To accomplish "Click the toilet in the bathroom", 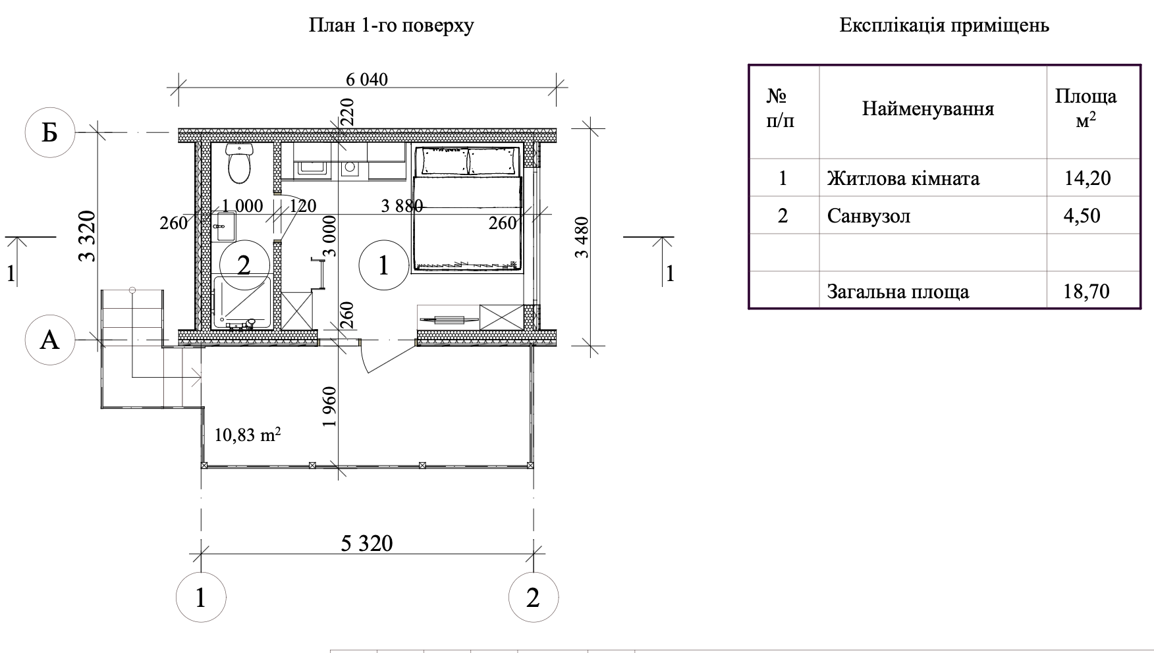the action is click(239, 163).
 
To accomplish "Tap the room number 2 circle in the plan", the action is click(244, 265).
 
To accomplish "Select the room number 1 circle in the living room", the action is click(383, 265).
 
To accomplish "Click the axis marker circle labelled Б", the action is click(50, 132).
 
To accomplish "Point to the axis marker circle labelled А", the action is click(50, 340).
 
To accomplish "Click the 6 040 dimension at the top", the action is click(367, 80).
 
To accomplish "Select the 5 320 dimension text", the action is click(367, 544).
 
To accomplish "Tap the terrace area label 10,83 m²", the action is click(248, 434).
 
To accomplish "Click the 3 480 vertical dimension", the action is click(582, 237).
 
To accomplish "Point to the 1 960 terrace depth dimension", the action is click(330, 406).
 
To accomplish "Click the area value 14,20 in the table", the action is click(1087, 178).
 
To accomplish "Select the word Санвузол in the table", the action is click(869, 216).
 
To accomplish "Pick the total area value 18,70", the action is click(1087, 291).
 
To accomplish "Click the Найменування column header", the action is click(928, 109).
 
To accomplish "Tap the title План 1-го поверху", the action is click(391, 26).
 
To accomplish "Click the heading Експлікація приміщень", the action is click(945, 26).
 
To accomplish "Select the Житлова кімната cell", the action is click(903, 178).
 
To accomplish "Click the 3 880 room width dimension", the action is click(402, 206).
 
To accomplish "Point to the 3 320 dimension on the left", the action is click(88, 236).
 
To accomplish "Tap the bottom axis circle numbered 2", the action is click(534, 598).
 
